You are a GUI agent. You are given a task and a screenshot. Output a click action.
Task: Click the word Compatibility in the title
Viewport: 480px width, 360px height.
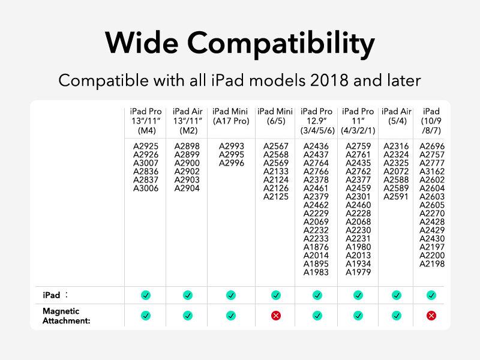(281, 43)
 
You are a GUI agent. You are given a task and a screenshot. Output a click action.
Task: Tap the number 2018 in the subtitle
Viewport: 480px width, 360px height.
(329, 80)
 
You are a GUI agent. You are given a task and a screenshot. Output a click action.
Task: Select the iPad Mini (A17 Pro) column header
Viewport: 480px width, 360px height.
(231, 116)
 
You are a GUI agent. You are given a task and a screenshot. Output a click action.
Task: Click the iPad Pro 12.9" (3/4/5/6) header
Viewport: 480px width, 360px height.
(317, 121)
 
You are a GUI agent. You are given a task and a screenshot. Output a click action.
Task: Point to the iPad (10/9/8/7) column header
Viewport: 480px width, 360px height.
(431, 121)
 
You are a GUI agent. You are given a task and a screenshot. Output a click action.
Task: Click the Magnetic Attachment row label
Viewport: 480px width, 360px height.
(67, 316)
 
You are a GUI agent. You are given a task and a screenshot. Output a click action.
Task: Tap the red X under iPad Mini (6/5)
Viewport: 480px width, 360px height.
(276, 316)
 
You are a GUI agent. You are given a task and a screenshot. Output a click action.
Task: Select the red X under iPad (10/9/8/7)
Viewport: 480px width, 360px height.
(431, 316)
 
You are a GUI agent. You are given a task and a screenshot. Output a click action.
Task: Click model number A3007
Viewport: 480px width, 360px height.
(146, 163)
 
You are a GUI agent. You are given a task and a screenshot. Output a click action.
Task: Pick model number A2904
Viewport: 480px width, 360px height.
(187, 188)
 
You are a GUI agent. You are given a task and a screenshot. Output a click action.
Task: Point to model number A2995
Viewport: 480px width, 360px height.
(232, 155)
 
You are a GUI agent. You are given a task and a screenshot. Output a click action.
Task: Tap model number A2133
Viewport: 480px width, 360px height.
(276, 172)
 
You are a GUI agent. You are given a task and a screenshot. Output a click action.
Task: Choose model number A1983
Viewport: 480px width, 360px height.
(316, 272)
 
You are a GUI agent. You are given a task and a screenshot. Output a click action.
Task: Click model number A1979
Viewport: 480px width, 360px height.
(358, 272)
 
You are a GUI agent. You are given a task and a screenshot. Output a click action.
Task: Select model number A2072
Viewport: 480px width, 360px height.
(396, 172)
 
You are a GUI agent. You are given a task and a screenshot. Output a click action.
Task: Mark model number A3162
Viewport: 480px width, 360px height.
(432, 172)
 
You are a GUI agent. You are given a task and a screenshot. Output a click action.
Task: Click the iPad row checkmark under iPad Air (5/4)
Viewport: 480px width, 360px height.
(397, 295)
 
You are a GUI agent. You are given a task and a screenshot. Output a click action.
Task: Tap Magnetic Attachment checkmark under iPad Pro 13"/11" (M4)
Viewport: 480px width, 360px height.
(146, 316)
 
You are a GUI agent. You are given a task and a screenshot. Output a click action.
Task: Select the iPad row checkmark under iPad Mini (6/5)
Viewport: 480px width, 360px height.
(276, 295)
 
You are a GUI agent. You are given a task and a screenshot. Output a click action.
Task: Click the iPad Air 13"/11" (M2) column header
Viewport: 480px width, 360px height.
(188, 121)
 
